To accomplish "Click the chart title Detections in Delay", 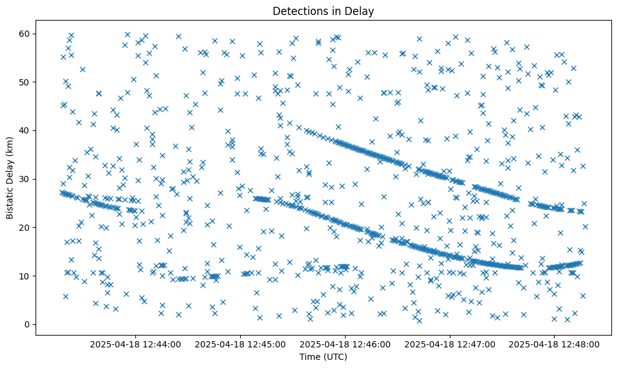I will [x=323, y=11].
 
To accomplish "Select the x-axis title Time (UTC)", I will [x=323, y=357].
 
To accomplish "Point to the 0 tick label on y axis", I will [x=27, y=324].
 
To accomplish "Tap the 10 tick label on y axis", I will [x=25, y=276].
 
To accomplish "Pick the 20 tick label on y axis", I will [x=25, y=228].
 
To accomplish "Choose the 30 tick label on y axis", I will [x=25, y=179].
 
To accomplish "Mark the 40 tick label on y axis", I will [x=25, y=130].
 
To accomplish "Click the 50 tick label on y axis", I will [x=25, y=82].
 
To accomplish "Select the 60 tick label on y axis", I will [x=25, y=34].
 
